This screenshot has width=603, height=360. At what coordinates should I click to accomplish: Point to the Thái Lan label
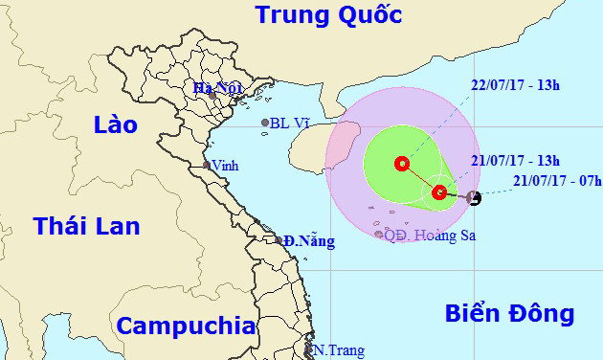pyautogui.click(x=86, y=226)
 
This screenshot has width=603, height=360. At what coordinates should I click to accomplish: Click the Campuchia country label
pyautogui.click(x=186, y=324)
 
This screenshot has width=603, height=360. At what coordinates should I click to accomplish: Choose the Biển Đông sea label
pyautogui.click(x=510, y=313)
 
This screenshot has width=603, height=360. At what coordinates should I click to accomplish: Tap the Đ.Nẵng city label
pyautogui.click(x=309, y=241)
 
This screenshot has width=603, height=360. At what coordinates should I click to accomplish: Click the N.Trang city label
pyautogui.click(x=340, y=350)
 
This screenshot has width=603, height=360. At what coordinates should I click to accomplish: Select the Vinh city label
pyautogui.click(x=226, y=165)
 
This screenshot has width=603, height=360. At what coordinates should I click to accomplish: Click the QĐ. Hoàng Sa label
pyautogui.click(x=430, y=234)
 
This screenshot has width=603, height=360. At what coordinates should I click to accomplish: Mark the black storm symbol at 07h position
pyautogui.click(x=472, y=198)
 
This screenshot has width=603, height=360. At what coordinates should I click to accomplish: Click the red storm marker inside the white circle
pyautogui.click(x=439, y=193)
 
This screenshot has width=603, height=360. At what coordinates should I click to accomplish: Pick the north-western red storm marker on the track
pyautogui.click(x=401, y=164)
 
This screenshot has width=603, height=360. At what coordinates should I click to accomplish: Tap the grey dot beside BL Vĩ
pyautogui.click(x=265, y=123)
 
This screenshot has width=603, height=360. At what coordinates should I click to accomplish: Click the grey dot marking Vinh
pyautogui.click(x=206, y=166)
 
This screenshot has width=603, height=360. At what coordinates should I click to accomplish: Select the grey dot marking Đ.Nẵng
pyautogui.click(x=279, y=240)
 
